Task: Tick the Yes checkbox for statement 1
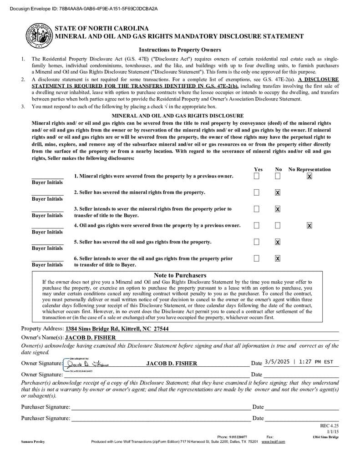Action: click(257, 176)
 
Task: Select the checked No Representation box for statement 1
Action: click(309, 176)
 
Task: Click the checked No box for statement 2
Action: click(278, 192)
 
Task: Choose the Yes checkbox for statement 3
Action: click(257, 209)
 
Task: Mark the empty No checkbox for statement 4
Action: click(278, 225)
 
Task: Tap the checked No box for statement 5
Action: click(278, 242)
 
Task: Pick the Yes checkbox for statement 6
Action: click(257, 258)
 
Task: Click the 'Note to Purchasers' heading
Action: click(180, 275)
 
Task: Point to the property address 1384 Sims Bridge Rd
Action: click(117, 329)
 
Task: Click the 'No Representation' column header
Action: click(309, 169)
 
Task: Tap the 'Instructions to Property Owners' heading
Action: click(180, 50)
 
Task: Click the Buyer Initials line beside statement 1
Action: click(47, 177)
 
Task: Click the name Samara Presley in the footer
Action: click(33, 442)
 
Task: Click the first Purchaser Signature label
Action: click(46, 407)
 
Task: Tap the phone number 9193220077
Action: click(238, 437)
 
